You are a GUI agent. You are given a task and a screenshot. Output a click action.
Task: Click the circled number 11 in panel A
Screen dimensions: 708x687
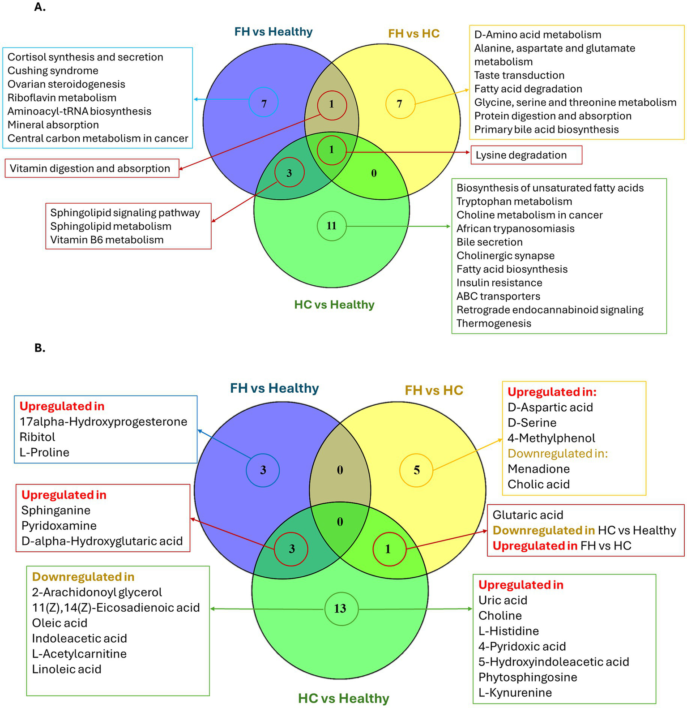[x=331, y=226]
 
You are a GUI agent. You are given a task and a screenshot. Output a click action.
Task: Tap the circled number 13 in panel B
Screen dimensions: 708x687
[x=340, y=609]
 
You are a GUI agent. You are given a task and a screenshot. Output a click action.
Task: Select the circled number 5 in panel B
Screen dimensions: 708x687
[x=416, y=470]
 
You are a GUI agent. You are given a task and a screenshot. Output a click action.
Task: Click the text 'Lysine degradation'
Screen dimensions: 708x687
[x=521, y=155]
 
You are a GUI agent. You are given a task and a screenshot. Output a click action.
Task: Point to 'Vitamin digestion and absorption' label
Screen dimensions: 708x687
[x=90, y=168]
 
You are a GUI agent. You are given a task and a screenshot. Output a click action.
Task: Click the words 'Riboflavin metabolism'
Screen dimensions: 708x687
[x=62, y=98]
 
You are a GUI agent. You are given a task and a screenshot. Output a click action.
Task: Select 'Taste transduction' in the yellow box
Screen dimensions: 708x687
[x=519, y=75]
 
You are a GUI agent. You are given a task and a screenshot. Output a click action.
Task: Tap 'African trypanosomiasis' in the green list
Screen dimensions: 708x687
[x=515, y=228]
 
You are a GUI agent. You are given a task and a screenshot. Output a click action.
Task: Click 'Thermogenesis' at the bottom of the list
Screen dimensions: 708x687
[x=494, y=323]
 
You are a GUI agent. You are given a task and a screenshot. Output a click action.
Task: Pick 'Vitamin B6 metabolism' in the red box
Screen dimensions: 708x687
[x=107, y=240]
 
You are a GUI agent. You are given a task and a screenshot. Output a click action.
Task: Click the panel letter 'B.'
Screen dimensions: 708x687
[x=40, y=348]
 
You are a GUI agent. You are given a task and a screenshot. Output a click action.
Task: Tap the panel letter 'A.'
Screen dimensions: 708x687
[x=40, y=7]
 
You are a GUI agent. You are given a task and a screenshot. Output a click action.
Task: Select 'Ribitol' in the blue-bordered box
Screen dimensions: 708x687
[x=37, y=437]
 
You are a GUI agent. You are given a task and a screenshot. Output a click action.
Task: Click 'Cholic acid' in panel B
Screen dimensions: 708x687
[x=538, y=484]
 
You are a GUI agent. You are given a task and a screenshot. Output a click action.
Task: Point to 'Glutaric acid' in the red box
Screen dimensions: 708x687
[x=528, y=515]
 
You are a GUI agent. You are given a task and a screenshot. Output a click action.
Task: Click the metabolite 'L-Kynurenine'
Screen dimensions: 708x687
[x=515, y=692]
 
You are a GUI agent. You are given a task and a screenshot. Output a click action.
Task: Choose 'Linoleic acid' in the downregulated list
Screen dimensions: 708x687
[x=66, y=669]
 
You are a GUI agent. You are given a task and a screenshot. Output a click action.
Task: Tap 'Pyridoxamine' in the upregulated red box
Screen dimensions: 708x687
[x=59, y=526]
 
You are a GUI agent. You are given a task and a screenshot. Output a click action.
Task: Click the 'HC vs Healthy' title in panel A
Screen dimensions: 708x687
[x=334, y=305]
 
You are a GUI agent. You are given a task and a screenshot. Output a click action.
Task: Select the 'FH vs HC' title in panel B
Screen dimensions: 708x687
[x=434, y=390]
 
